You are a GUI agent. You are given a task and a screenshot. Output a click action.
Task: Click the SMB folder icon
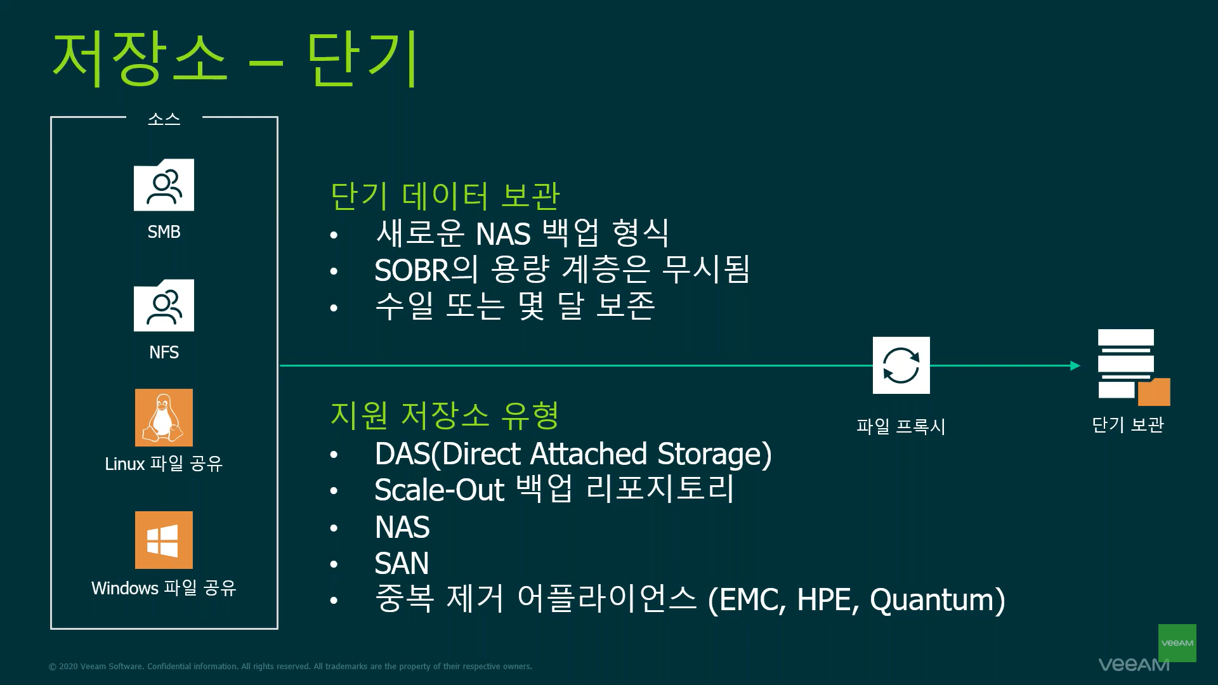[164, 185]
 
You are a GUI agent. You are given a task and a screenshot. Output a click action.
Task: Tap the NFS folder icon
[164, 305]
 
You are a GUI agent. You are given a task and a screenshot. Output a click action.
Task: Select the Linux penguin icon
[164, 417]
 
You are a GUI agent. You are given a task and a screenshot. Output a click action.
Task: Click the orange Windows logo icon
[164, 540]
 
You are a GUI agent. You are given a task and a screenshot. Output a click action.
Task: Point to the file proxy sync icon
[901, 365]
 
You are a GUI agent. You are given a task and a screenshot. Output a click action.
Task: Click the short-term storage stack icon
[1133, 367]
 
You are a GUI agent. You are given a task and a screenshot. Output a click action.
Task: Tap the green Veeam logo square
[1177, 643]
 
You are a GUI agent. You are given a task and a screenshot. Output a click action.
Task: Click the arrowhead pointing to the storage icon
[1075, 365]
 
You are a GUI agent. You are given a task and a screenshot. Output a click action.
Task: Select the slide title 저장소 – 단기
[235, 58]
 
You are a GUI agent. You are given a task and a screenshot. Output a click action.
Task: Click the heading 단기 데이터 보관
[445, 195]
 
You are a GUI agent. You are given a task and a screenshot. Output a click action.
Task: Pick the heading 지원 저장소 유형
[444, 415]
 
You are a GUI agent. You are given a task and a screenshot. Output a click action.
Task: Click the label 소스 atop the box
[164, 119]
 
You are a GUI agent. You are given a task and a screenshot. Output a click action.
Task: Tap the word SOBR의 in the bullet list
[426, 270]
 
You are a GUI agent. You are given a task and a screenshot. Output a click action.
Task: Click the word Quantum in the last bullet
[937, 600]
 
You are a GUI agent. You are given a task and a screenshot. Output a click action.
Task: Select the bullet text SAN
[402, 563]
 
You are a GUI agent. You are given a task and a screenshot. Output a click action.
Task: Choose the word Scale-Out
[439, 490]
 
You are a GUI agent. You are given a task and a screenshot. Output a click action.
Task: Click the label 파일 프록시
[901, 426]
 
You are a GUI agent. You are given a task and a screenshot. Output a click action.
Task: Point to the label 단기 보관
[1128, 424]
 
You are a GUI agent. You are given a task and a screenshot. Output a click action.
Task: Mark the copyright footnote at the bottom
[291, 667]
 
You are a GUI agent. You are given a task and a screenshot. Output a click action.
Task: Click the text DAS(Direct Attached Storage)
[573, 454]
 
